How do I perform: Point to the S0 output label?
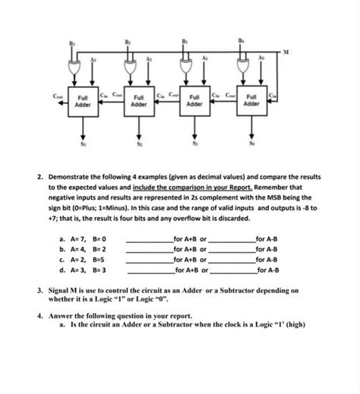[x=251, y=140]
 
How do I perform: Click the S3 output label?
[x=83, y=140]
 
